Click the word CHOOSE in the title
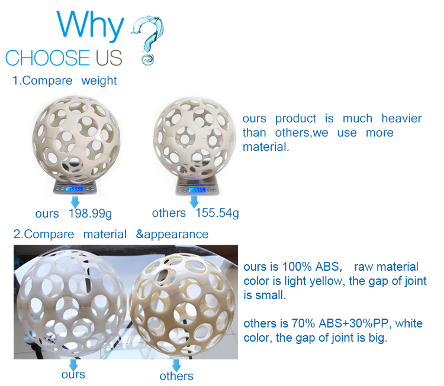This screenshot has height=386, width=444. pyautogui.click(x=47, y=58)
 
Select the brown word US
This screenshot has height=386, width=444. pyautogui.click(x=109, y=58)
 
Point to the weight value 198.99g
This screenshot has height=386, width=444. pyautogui.click(x=91, y=213)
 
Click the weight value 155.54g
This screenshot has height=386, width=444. pyautogui.click(x=217, y=213)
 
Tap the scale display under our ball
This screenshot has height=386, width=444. pyautogui.click(x=75, y=189)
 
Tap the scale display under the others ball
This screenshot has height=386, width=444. pyautogui.click(x=197, y=190)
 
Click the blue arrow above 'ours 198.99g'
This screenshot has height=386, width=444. pyautogui.click(x=75, y=202)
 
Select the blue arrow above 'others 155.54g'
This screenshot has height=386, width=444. pyautogui.click(x=194, y=202)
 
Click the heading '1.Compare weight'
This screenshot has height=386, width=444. pyautogui.click(x=65, y=81)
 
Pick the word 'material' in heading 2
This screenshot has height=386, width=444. pyautogui.click(x=105, y=235)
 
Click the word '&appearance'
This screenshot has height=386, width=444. pyautogui.click(x=172, y=235)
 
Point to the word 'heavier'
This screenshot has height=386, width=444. pyautogui.click(x=401, y=118)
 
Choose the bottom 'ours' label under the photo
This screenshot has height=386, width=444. pyautogui.click(x=73, y=375)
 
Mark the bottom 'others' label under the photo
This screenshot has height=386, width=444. pyautogui.click(x=176, y=376)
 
